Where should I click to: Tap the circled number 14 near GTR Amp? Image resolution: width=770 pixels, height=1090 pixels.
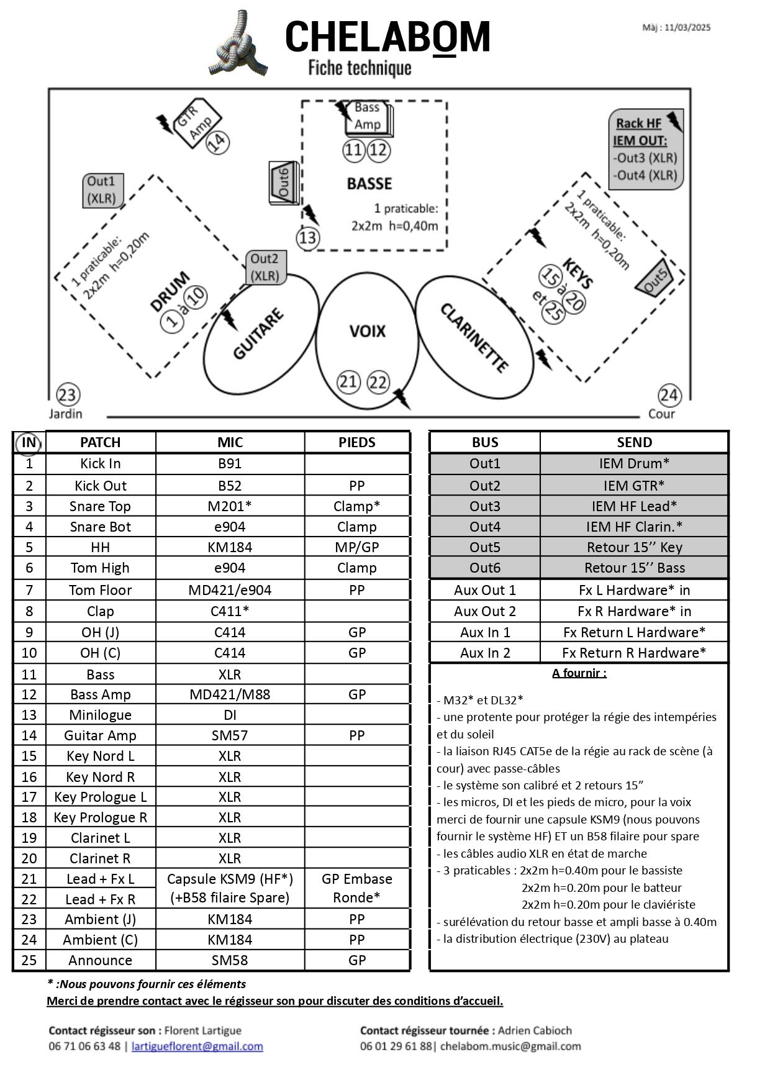click(x=217, y=143)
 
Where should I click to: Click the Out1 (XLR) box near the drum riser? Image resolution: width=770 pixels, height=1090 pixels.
click(x=103, y=190)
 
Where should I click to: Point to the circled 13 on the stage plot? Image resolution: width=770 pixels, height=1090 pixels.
click(x=308, y=238)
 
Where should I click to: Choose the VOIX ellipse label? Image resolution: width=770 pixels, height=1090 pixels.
click(x=368, y=331)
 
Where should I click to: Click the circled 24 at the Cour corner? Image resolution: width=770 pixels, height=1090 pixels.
click(x=669, y=395)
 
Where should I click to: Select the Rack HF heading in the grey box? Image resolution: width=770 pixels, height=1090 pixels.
click(x=638, y=123)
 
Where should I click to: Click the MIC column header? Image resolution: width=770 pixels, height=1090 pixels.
click(x=230, y=442)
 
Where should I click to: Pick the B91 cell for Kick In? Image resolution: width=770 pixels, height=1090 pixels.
click(x=230, y=463)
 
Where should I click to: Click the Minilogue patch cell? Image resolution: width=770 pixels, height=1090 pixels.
click(x=101, y=715)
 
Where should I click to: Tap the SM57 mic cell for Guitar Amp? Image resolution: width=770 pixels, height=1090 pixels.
click(x=230, y=735)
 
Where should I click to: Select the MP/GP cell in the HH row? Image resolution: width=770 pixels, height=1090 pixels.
click(x=357, y=547)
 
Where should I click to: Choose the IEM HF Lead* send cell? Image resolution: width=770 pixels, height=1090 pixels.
click(x=634, y=506)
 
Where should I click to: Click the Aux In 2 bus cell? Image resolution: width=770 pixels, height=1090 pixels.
click(x=485, y=653)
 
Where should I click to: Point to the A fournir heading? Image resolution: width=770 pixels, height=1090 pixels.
click(x=579, y=673)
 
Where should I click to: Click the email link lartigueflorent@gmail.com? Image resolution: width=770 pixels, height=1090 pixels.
click(x=197, y=1046)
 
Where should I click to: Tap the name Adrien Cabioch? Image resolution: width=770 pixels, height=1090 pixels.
click(x=535, y=1030)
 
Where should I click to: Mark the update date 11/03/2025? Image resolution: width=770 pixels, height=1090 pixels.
click(x=687, y=27)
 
